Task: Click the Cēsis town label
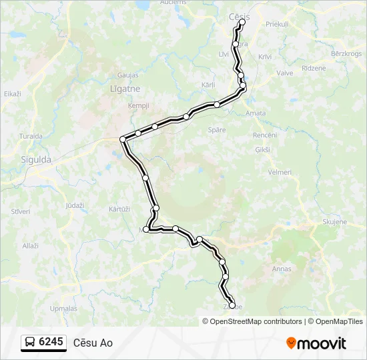tap(238, 15)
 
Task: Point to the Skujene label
tap(334, 221)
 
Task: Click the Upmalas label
tap(63, 309)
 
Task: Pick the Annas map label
tap(282, 269)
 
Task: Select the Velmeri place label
tap(279, 172)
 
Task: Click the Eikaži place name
tap(13, 94)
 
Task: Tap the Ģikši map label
tap(263, 150)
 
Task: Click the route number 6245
tap(51, 342)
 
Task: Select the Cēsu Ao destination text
tap(93, 343)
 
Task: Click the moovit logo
tap(316, 343)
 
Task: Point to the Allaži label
tap(31, 246)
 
